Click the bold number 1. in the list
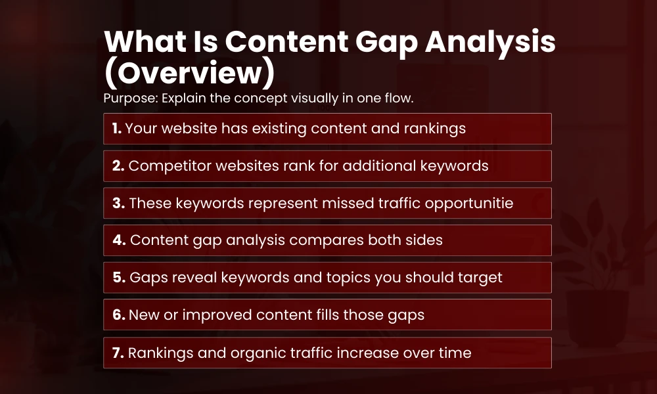[117, 129]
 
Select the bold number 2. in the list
[118, 166]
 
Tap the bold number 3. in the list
[118, 204]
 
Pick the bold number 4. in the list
[119, 240]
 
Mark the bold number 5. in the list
[119, 278]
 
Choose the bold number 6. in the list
[118, 315]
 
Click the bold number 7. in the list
[118, 353]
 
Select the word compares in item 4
[318, 241]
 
